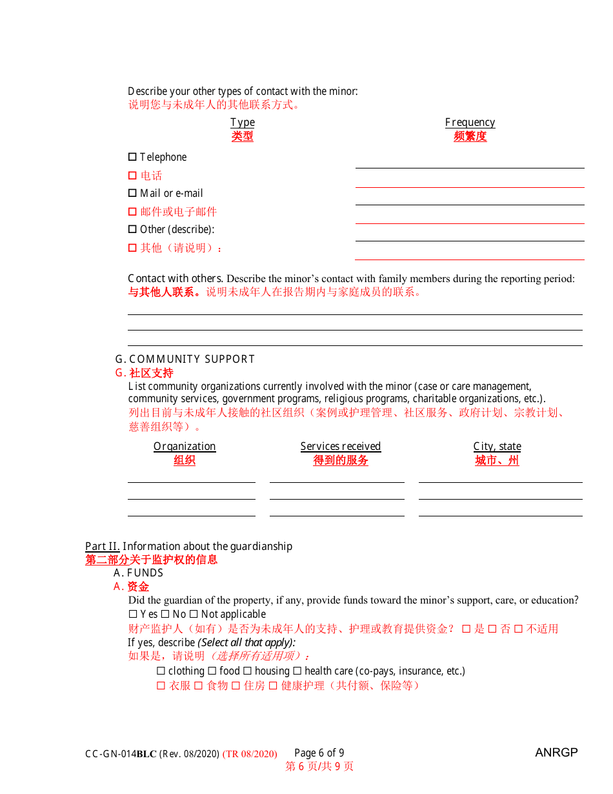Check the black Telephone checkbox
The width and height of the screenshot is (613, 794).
click(132, 157)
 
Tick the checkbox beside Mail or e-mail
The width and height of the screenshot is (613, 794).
click(132, 193)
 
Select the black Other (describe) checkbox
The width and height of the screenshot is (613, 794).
click(132, 229)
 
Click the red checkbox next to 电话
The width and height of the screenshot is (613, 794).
click(132, 176)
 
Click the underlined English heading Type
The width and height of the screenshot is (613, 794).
click(243, 123)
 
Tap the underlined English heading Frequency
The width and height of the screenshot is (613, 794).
click(470, 123)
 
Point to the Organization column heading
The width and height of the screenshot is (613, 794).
click(185, 447)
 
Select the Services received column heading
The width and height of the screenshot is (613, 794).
click(341, 447)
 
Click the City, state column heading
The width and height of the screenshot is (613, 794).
click(497, 447)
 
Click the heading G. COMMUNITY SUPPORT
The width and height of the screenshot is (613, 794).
click(185, 360)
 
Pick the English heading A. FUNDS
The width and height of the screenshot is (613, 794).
click(138, 573)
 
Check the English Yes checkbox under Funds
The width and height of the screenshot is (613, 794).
click(133, 615)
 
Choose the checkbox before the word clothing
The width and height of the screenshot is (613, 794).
click(161, 671)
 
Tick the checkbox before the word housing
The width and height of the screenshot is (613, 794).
click(247, 671)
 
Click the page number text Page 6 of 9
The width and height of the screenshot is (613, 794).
click(319, 753)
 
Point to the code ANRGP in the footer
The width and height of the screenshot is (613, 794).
click(556, 753)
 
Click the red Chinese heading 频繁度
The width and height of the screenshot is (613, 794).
click(470, 137)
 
